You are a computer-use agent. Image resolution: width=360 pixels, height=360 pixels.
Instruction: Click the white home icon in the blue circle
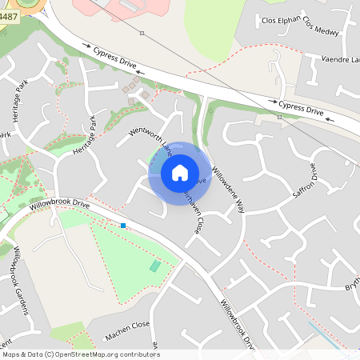click(180, 172)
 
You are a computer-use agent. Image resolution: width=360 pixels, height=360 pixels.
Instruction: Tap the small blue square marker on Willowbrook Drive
click(123, 226)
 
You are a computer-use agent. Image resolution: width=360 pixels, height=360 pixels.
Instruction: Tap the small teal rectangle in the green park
click(154, 266)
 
